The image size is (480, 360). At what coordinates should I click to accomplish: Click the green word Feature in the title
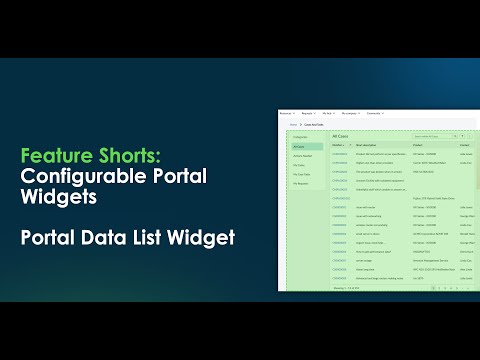51,156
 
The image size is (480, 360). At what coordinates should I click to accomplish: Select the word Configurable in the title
78,178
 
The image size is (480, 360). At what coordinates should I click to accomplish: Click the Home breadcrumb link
294,124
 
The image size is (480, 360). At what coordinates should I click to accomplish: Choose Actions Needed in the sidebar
302,155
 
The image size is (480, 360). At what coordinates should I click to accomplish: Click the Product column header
417,144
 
